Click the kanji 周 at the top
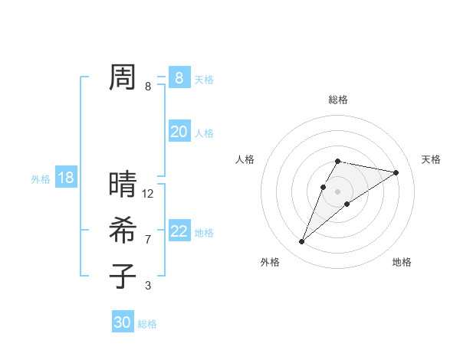pyautogui.click(x=123, y=77)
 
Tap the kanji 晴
pyautogui.click(x=123, y=185)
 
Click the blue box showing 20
pyautogui.click(x=179, y=132)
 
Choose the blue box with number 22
pyautogui.click(x=179, y=231)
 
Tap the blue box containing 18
pyautogui.click(x=66, y=178)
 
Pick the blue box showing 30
pyautogui.click(x=123, y=322)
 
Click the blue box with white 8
pyautogui.click(x=179, y=78)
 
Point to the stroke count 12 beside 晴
pyautogui.click(x=148, y=194)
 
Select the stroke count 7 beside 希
pyautogui.click(x=148, y=240)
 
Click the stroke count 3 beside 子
pyautogui.click(x=148, y=286)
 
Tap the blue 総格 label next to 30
pyautogui.click(x=147, y=324)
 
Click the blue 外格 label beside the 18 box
pyautogui.click(x=41, y=179)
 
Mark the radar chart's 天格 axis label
pyautogui.click(x=431, y=159)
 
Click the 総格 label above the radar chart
pyautogui.click(x=338, y=100)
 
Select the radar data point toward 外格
pyautogui.click(x=301, y=242)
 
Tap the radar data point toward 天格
pyautogui.click(x=396, y=172)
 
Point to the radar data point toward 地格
pyautogui.click(x=347, y=203)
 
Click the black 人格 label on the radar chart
pyautogui.click(x=245, y=159)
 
